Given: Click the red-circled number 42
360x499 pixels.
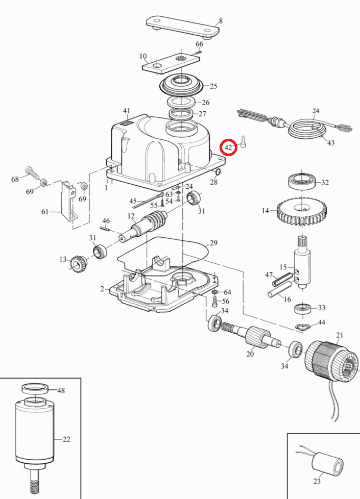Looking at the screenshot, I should (x=229, y=147).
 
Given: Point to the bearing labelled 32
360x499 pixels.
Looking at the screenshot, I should (x=303, y=182).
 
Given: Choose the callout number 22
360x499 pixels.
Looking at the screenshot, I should (x=66, y=439).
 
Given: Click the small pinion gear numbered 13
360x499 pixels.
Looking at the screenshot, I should (x=78, y=264).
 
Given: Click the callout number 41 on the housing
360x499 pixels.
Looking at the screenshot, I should (x=127, y=111).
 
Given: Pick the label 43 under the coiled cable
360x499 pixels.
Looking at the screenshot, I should (x=331, y=143).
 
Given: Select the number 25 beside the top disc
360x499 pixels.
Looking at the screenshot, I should (x=213, y=86).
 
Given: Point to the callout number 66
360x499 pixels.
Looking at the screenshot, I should (x=200, y=44).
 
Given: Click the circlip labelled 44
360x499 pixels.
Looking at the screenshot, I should (x=304, y=326).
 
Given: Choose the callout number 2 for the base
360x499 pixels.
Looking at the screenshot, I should (x=102, y=289).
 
